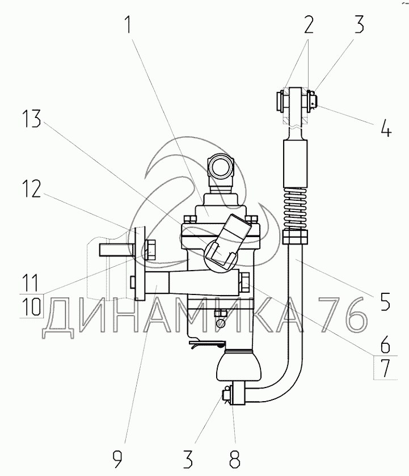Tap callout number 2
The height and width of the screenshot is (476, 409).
coord(307,26)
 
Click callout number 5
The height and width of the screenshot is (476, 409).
coord(385,300)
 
